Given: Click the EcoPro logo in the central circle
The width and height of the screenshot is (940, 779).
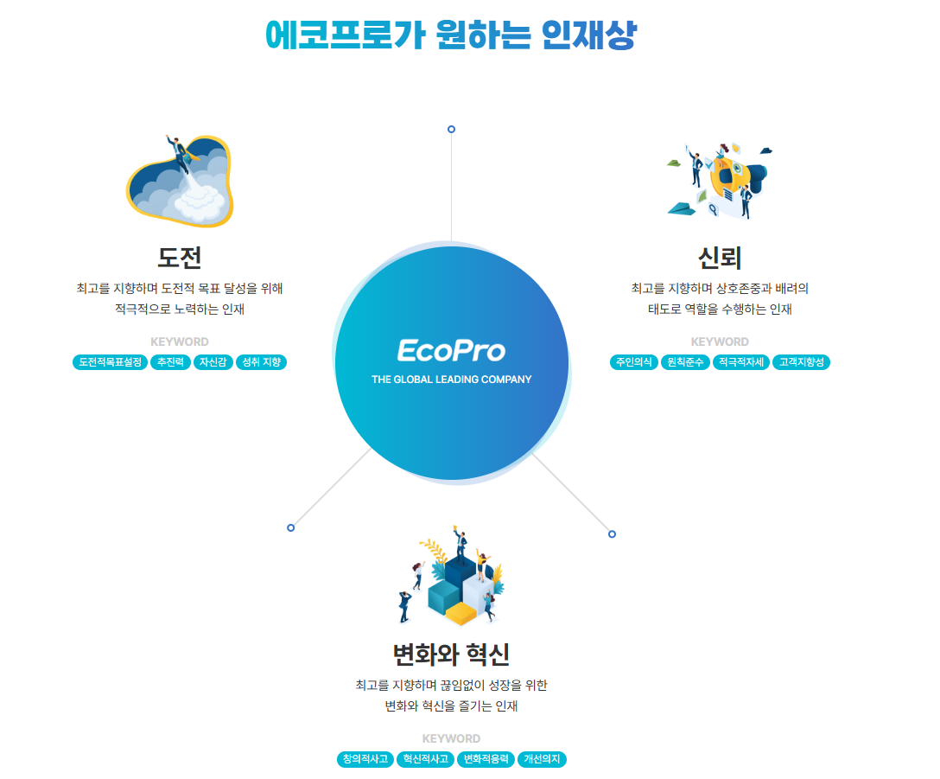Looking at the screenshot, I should click(451, 350).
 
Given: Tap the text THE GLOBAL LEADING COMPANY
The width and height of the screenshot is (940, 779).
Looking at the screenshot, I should click(451, 380).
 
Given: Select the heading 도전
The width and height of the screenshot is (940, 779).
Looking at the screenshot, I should click(180, 258).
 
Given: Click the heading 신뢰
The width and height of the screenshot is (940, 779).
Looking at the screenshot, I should click(720, 258).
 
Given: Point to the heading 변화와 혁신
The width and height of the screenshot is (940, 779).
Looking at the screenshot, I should click(451, 654).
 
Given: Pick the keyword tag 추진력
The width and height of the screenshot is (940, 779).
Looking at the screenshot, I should click(170, 362).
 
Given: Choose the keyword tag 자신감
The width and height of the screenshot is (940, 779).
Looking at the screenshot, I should click(213, 362).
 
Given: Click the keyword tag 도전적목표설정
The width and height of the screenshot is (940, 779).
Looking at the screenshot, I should click(110, 362).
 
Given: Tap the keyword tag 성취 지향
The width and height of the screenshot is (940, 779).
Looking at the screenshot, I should click(261, 362).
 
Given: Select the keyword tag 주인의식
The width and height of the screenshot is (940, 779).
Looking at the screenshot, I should click(634, 362).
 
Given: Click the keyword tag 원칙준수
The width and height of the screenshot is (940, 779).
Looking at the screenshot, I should click(685, 362).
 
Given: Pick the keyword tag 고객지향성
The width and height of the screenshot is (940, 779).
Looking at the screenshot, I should click(801, 362).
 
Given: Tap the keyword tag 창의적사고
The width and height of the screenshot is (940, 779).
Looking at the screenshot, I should click(365, 759).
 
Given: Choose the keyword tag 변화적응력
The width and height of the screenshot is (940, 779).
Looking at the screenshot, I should click(486, 759).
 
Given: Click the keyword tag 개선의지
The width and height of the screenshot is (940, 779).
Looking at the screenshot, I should click(543, 759).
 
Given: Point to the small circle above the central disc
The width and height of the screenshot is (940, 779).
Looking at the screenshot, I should click(451, 129).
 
